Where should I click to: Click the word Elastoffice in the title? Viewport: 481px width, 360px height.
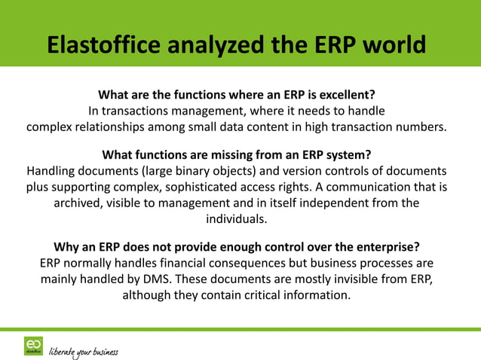pos(106,44)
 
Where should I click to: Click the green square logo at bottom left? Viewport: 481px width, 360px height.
pos(33,345)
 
